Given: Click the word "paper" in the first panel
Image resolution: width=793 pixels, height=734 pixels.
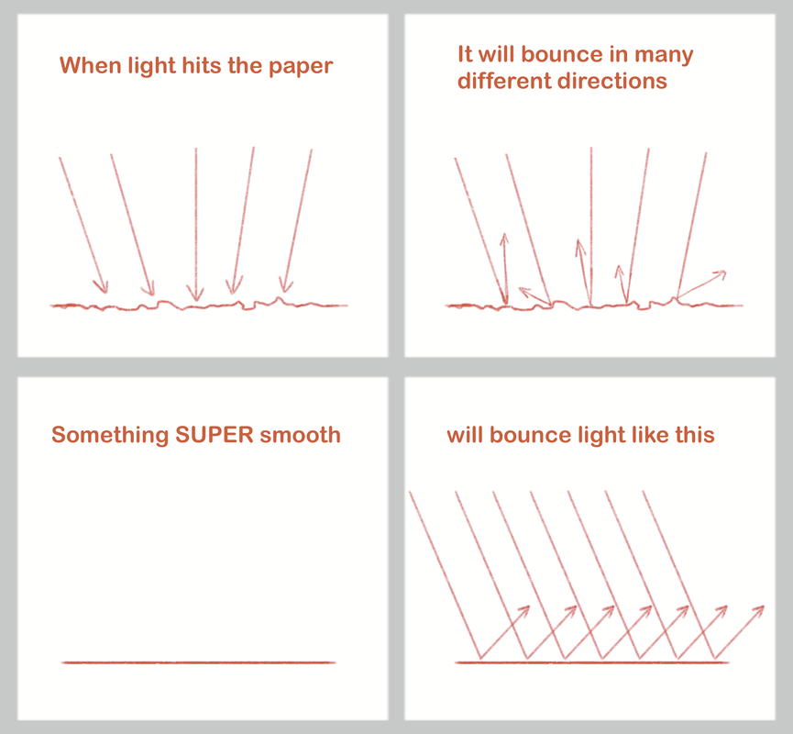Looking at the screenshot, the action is click(x=301, y=67).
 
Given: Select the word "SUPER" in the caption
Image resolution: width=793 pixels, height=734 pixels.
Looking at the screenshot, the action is click(x=214, y=435).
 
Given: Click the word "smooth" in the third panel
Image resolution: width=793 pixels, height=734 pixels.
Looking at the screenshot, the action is click(x=300, y=435).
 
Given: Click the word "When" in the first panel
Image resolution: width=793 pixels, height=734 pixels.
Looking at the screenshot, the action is click(x=91, y=65).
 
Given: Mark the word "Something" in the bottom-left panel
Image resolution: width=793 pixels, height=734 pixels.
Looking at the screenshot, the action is click(x=110, y=436).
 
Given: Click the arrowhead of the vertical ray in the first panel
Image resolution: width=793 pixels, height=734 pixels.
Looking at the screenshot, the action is click(x=195, y=294).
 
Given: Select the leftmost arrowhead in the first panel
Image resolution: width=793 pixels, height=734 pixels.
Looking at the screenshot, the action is click(x=101, y=286).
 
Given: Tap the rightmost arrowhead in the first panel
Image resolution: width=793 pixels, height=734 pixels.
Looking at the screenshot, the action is click(x=286, y=285).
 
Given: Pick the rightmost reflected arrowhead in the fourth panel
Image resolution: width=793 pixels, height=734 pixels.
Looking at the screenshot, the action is click(x=757, y=611).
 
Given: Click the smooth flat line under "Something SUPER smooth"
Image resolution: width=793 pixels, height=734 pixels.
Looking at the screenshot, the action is click(x=198, y=662).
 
